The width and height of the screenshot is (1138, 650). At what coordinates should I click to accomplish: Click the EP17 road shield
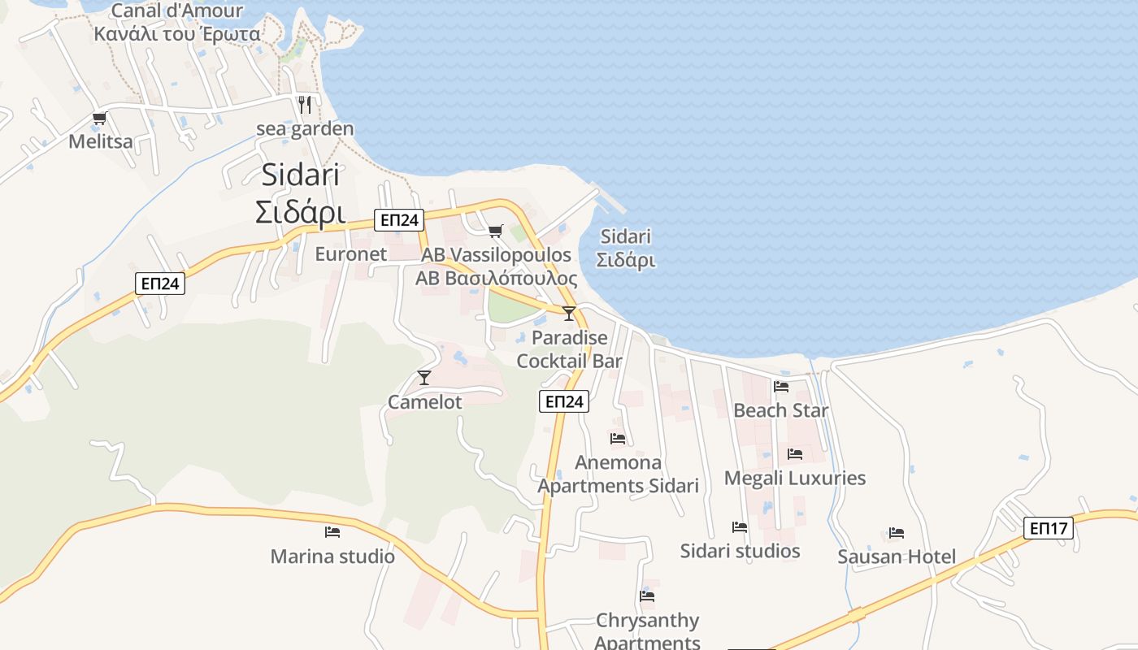click(1048, 528)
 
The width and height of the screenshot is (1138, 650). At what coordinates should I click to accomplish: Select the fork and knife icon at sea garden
click(305, 104)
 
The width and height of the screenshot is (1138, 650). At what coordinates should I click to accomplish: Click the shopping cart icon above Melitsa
click(100, 119)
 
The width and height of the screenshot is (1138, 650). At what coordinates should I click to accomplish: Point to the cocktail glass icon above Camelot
click(423, 377)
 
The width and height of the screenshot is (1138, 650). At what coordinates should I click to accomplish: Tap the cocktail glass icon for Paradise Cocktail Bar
click(569, 313)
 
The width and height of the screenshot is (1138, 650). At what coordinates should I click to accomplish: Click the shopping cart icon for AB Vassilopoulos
click(496, 231)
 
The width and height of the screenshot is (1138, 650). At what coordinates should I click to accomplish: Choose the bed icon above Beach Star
click(781, 387)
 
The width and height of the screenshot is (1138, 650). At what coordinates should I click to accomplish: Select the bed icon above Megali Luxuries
click(795, 454)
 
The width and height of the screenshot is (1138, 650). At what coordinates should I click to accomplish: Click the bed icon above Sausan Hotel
click(897, 533)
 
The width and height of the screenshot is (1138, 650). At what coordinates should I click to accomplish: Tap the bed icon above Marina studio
click(332, 532)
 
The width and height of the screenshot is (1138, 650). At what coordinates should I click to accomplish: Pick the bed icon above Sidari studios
click(740, 527)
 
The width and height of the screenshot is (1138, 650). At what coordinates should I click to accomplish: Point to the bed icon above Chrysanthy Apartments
click(647, 596)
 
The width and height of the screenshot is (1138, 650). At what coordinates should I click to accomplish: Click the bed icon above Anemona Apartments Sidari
click(618, 439)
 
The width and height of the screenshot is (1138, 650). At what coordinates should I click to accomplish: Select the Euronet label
click(351, 254)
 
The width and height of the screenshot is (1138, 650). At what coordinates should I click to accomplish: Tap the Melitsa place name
click(101, 141)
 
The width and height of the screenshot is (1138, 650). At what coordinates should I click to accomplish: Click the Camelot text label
click(424, 402)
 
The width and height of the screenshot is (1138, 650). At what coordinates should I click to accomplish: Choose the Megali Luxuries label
click(795, 478)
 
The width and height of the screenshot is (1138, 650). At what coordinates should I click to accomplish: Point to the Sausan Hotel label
click(897, 557)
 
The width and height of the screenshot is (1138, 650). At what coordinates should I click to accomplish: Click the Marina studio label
click(332, 557)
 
